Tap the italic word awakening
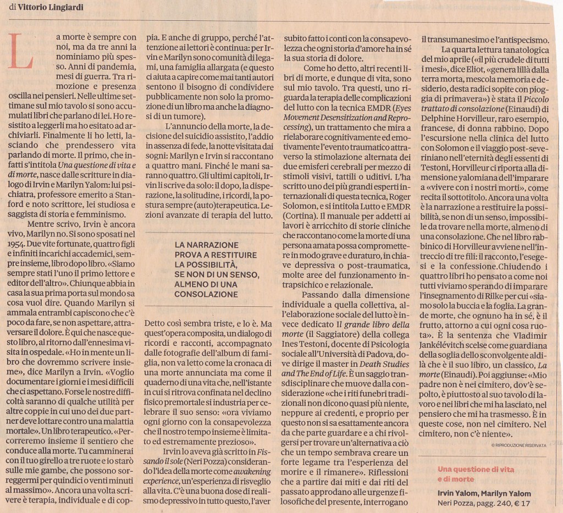pyautogui.click(x=252, y=472)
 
